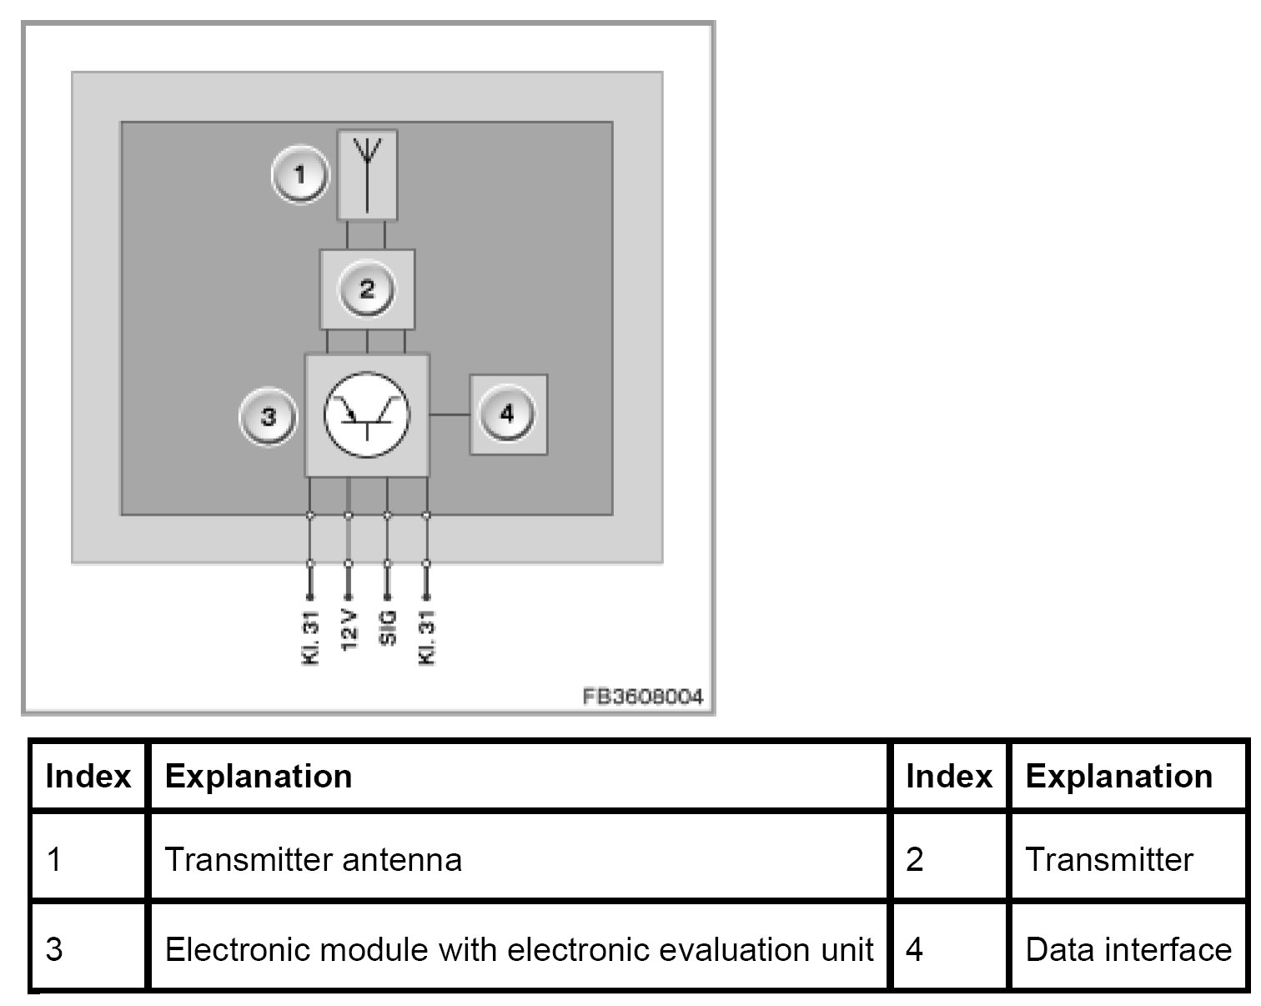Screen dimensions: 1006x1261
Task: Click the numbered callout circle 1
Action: [300, 176]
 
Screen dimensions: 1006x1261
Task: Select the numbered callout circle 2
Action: [367, 289]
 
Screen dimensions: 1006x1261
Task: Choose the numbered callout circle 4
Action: [507, 414]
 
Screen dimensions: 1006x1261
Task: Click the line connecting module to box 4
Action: [450, 415]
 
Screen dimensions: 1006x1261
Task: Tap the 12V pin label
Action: [349, 636]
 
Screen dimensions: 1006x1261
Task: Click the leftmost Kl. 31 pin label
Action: [310, 639]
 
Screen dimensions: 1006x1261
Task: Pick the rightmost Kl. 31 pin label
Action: [427, 639]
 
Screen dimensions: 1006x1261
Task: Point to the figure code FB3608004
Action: [642, 696]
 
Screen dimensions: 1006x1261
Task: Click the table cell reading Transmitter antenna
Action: [314, 859]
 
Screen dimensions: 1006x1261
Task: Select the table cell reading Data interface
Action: [1128, 949]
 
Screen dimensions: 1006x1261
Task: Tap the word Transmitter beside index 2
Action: [1109, 859]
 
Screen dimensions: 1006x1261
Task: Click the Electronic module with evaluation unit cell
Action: [519, 949]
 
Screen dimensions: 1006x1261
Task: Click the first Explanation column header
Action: [259, 777]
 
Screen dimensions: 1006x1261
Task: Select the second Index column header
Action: [949, 777]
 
